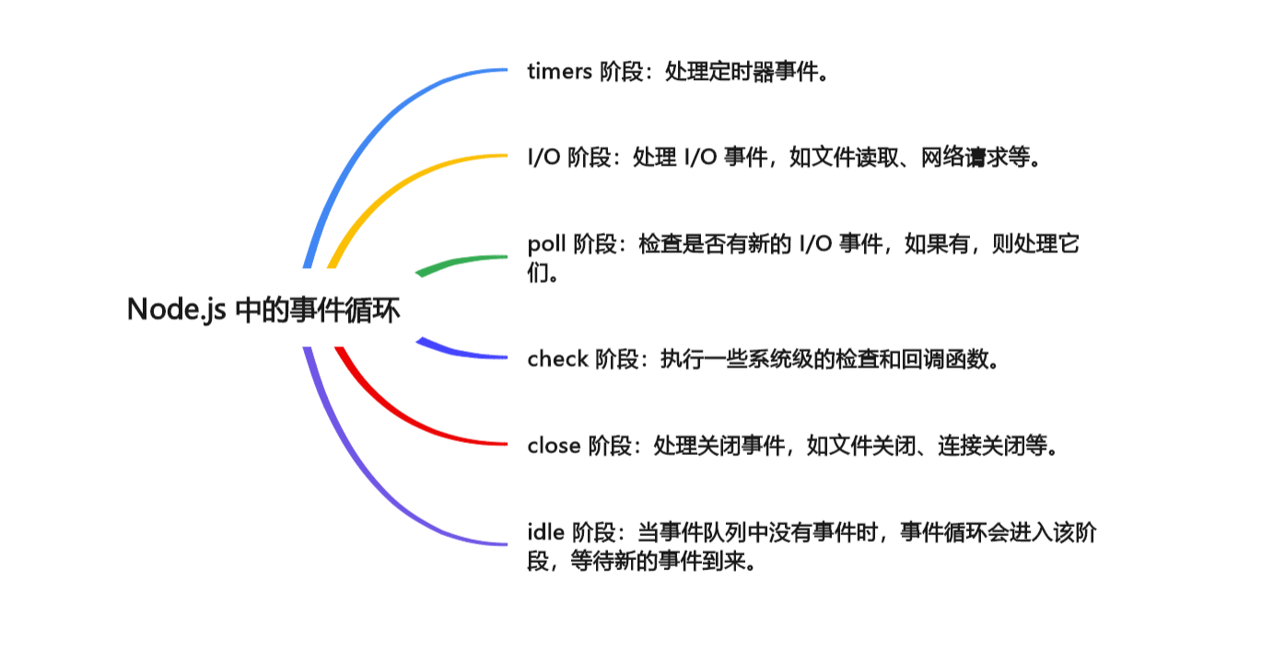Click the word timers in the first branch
tap(559, 72)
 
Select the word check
tap(557, 358)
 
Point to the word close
tap(554, 446)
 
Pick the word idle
tap(545, 531)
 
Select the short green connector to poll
tap(461, 262)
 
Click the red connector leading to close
tap(396, 415)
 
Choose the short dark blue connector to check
tap(461, 353)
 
